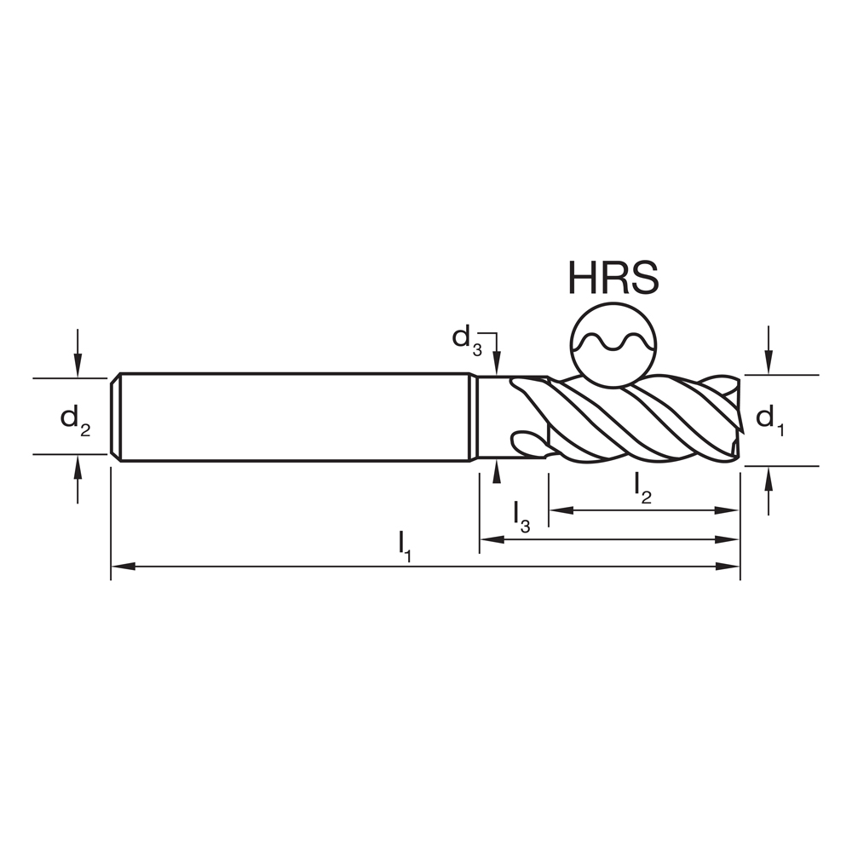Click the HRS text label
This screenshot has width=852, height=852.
[613, 278]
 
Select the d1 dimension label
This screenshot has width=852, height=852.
[769, 418]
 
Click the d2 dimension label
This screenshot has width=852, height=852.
[74, 418]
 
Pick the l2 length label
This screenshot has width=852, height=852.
[644, 488]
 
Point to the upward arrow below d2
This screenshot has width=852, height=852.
[78, 465]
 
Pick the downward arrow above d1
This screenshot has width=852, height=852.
[769, 365]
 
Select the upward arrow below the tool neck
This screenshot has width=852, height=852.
[496, 470]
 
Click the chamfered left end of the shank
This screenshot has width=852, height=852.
[116, 417]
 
